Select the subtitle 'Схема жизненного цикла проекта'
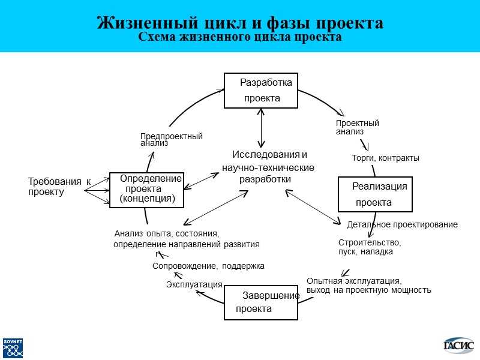pos(240,37)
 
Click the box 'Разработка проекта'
pos(261,91)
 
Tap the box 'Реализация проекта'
pos(376,194)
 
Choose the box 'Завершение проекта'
pos(261,302)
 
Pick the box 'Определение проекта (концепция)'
pos(147,189)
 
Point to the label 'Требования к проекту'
pos(58,187)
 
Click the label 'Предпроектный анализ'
pos(171,140)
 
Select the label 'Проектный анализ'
pos(357,127)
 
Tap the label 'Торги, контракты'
pos(385,158)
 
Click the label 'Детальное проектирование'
pos(402,224)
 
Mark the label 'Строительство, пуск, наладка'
pos(369,247)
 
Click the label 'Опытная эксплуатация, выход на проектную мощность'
pos(368,286)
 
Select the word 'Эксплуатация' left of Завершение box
pos(194,284)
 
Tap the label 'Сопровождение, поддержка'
pos(208,265)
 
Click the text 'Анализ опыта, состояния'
pos(167,233)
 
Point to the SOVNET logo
pos(13,347)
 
